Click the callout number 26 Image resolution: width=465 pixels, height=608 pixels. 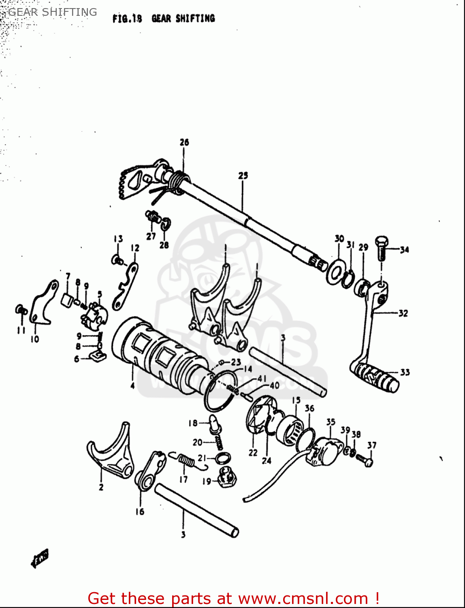tap(184, 142)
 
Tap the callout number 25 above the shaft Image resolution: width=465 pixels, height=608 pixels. tap(243, 176)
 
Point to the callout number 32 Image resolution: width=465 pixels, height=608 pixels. tap(403, 313)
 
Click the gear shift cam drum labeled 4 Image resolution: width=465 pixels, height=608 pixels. tap(158, 357)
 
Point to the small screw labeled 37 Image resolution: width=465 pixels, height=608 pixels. tap(365, 459)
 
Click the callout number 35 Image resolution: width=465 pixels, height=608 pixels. tap(331, 422)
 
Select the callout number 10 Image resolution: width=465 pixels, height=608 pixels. tap(35, 339)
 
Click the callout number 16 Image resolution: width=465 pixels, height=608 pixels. tap(140, 512)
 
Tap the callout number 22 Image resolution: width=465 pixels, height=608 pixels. tap(253, 453)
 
